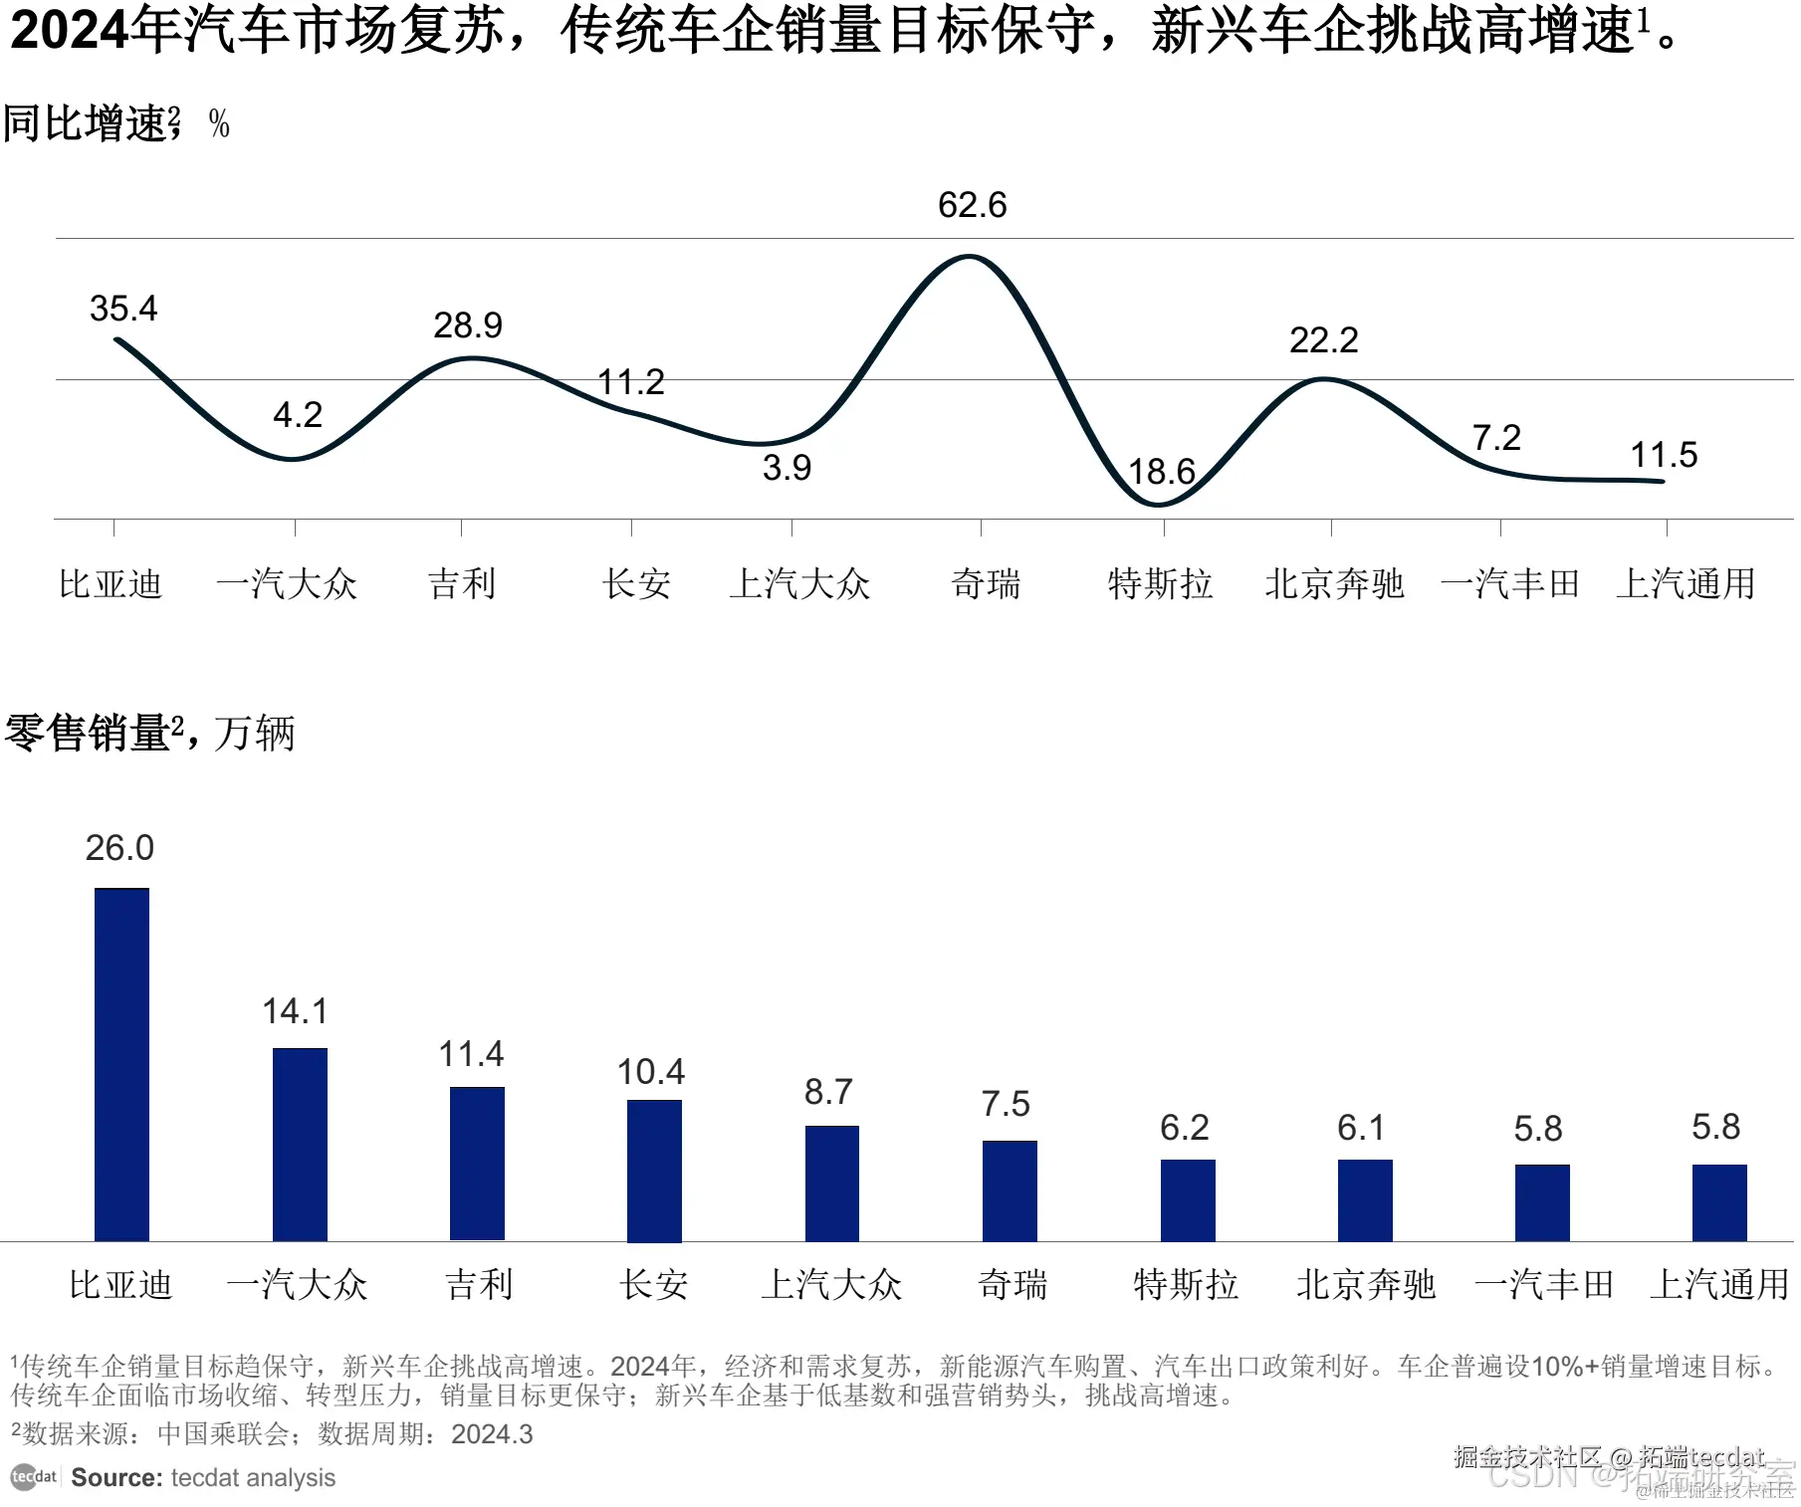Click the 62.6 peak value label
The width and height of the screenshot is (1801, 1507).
click(972, 205)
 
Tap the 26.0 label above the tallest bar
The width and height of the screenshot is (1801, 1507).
click(119, 848)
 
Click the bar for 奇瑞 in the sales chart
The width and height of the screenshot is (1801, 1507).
click(1009, 1190)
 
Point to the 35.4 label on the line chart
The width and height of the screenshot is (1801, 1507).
click(123, 309)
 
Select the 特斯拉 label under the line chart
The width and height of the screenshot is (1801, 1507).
click(1160, 583)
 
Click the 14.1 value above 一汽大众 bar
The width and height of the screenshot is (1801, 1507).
click(295, 1011)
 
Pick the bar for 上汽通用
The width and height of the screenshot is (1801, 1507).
click(1718, 1202)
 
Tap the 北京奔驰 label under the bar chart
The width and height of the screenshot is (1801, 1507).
click(1365, 1284)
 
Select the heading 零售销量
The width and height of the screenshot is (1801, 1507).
click(88, 734)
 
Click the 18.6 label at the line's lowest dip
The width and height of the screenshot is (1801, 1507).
click(1161, 471)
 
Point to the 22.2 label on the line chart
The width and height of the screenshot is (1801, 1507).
click(1323, 340)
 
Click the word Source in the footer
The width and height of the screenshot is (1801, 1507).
click(115, 1477)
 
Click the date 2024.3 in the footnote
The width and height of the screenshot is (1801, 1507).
click(492, 1434)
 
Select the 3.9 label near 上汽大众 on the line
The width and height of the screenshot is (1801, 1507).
click(787, 468)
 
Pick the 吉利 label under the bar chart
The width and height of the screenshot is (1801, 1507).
click(479, 1284)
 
